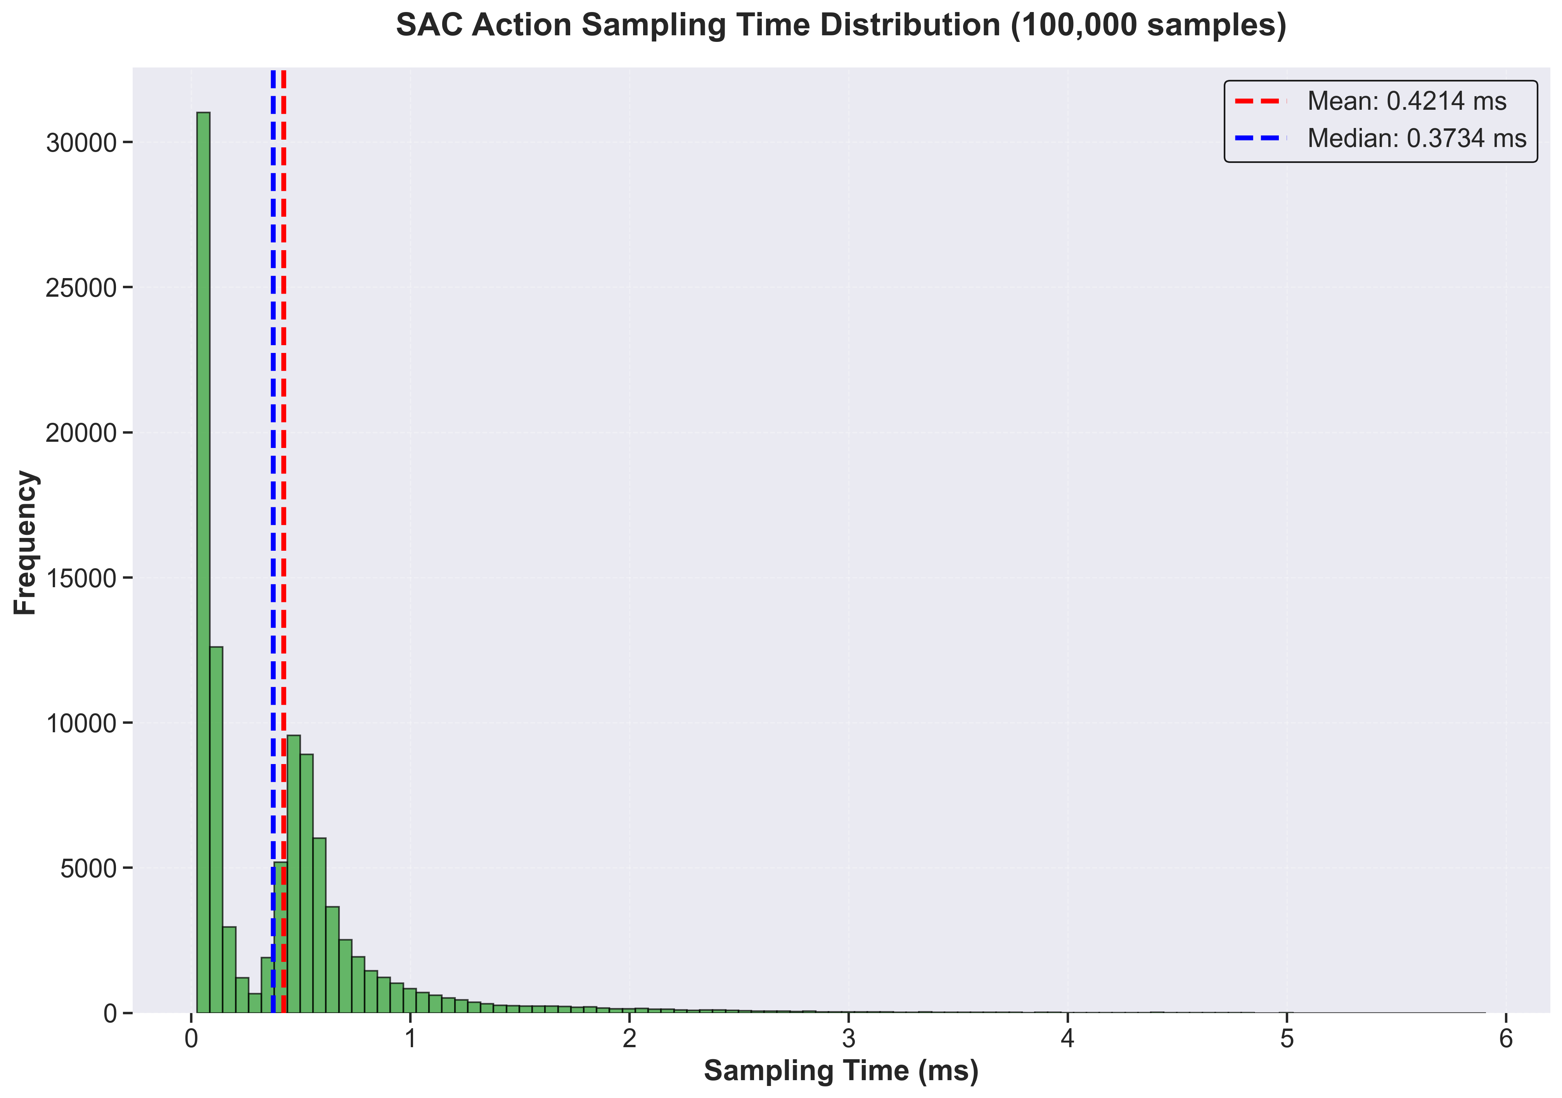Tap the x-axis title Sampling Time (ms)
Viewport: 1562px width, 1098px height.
tap(841, 1071)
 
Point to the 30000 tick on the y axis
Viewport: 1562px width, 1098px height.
tap(81, 143)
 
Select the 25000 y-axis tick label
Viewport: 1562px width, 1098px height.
tap(81, 288)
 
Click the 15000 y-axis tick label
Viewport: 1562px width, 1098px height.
tap(81, 578)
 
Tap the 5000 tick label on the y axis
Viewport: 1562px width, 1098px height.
tap(88, 869)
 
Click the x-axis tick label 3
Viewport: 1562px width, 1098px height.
tap(848, 1039)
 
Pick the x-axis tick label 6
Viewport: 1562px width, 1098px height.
tap(1505, 1039)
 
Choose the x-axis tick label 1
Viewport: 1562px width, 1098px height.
tap(410, 1039)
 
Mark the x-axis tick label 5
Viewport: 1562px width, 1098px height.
tap(1287, 1039)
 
